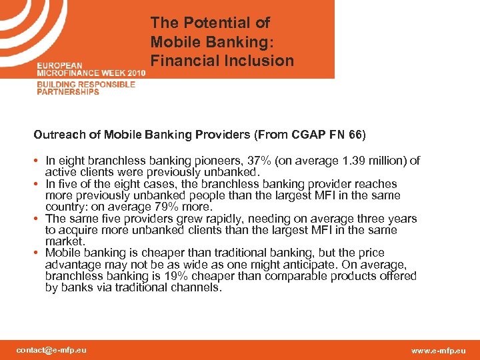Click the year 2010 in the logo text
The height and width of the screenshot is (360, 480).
coord(133,72)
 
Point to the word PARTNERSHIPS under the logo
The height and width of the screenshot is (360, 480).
coord(68,92)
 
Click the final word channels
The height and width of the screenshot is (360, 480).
coord(197,288)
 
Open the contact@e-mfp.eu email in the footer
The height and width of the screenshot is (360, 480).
coord(51,349)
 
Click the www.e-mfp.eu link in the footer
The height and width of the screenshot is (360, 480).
coord(439,350)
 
